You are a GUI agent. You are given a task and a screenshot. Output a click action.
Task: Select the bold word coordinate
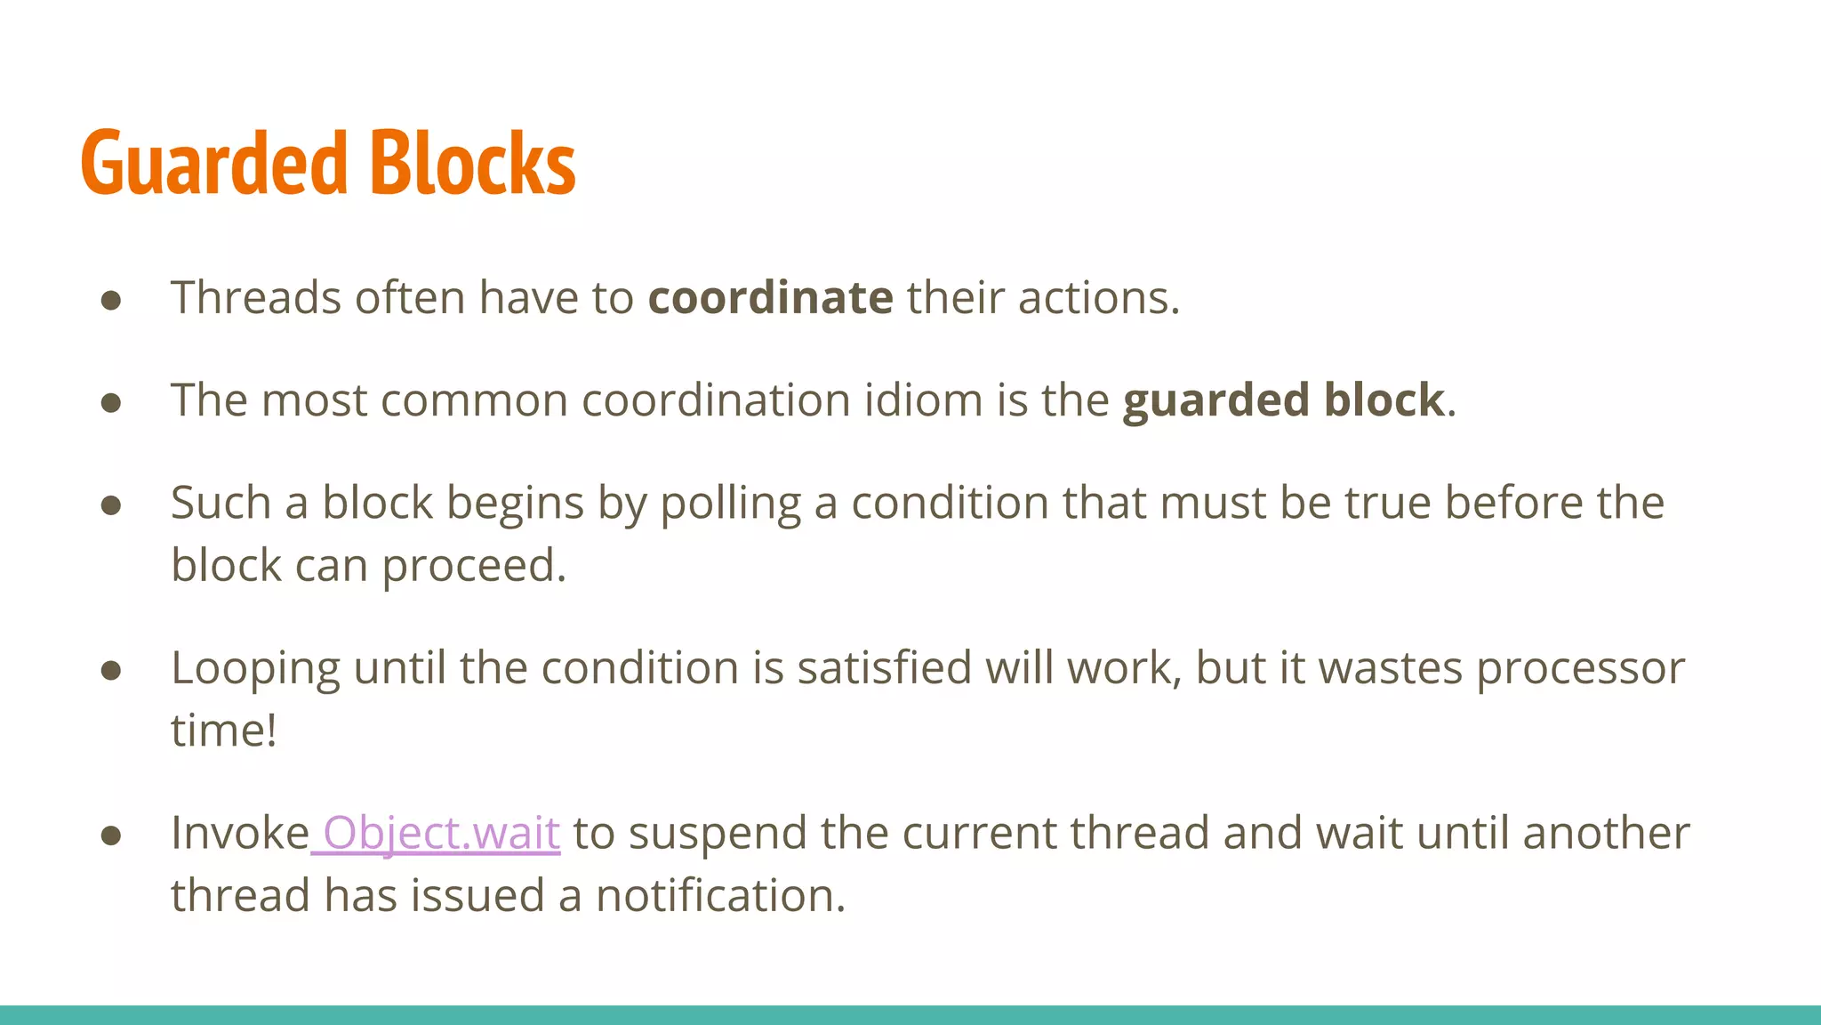(x=770, y=297)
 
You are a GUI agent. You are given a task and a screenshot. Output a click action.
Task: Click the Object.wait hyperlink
(x=440, y=834)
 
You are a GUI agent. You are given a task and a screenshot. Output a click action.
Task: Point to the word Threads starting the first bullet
(x=256, y=297)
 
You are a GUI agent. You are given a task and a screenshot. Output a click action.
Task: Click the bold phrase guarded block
(x=1283, y=400)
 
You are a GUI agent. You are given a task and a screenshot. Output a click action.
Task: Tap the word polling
(x=730, y=504)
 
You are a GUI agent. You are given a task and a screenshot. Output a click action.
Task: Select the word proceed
(x=474, y=567)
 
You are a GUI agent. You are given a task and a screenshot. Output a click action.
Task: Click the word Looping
(x=255, y=669)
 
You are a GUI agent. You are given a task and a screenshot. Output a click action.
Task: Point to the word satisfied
(x=884, y=668)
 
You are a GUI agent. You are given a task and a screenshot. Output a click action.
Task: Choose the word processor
(x=1580, y=669)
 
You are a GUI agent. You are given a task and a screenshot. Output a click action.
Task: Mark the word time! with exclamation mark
(x=224, y=730)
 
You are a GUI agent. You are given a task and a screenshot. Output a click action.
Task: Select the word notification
(x=719, y=896)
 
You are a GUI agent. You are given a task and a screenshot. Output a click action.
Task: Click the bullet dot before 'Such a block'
(x=111, y=505)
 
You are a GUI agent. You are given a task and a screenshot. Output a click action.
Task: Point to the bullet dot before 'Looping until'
(x=111, y=670)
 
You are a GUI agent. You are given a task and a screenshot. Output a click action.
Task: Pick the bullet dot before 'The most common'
(x=111, y=402)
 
